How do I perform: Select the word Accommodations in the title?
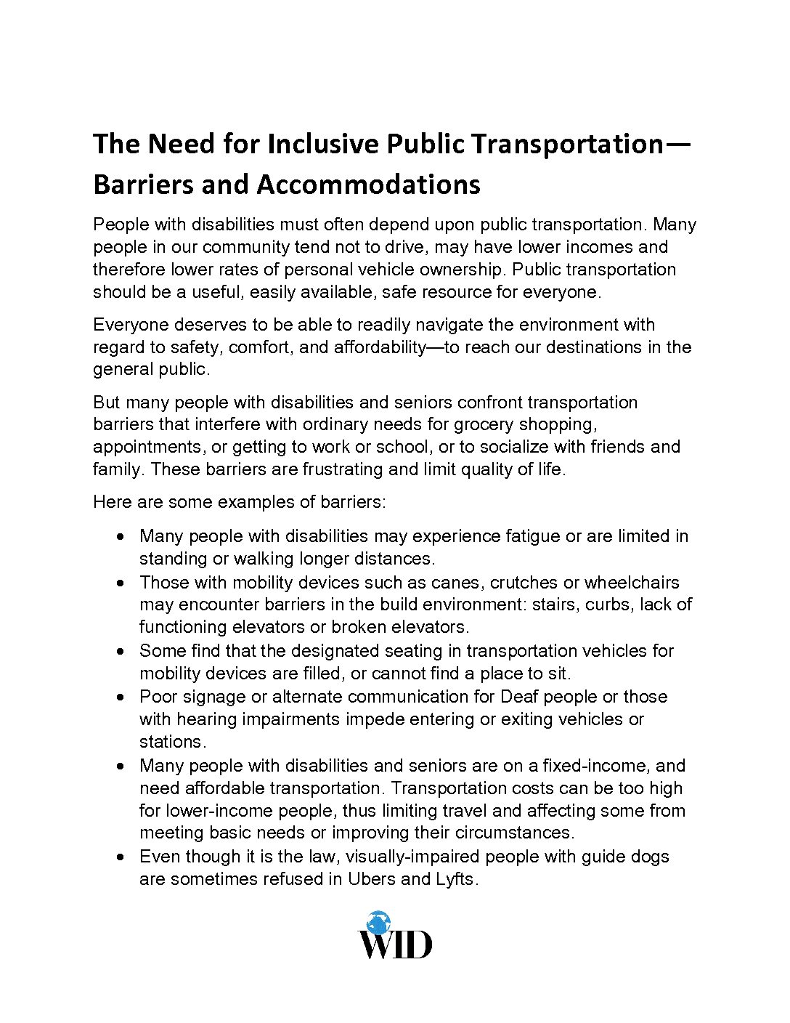coord(368,185)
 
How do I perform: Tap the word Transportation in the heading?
coord(567,144)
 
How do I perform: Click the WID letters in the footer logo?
coord(395,945)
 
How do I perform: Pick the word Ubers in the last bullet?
coord(372,879)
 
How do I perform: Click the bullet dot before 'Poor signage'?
coord(122,697)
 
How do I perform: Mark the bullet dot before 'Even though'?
coord(122,857)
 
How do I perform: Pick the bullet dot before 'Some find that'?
coord(122,651)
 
